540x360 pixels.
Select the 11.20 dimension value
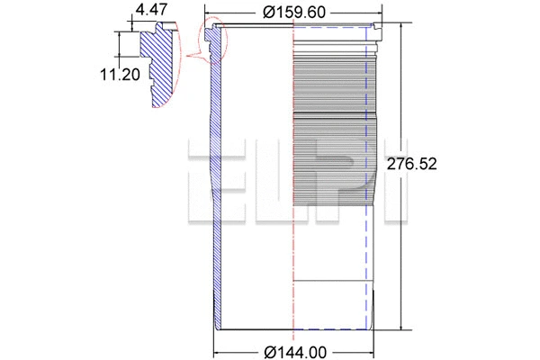119,75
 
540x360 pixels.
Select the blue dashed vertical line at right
368,270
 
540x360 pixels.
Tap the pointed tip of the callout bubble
185,59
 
